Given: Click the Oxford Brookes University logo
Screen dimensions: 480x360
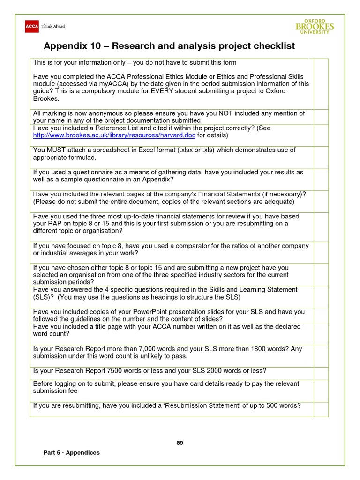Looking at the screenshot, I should pos(315,26).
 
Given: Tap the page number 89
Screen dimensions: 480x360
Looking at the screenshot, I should pos(180,443).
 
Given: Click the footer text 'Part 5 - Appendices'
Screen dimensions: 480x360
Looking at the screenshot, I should pos(71,452).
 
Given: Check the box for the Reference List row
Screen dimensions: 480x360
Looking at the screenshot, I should pos(321,132).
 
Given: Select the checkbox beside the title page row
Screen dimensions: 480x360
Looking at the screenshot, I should pos(321,333).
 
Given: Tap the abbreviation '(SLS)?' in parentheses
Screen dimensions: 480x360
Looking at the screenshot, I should pos(44,297).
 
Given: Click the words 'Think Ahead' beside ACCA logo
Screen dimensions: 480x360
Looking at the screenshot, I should pos(53,27).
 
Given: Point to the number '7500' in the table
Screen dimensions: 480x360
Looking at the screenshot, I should pos(105,371).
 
